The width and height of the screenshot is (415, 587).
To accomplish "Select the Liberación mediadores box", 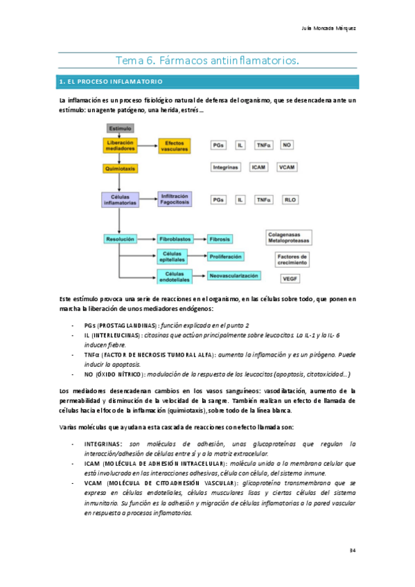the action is coord(120,146).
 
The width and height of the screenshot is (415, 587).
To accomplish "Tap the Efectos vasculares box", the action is coord(176,146).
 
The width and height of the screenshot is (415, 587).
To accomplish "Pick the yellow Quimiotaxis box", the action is coord(120,168).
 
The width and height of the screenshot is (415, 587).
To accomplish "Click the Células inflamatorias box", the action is coord(120,199).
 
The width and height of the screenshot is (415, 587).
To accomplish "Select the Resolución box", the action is coord(120,238).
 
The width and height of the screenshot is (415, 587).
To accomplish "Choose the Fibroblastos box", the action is coord(176,238).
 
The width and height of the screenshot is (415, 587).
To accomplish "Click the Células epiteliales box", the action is coord(177,257).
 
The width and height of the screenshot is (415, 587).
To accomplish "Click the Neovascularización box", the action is coord(233,276).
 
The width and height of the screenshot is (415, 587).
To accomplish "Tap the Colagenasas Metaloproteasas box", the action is coord(290,237).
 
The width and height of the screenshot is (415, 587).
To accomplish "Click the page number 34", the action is coord(352,550).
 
